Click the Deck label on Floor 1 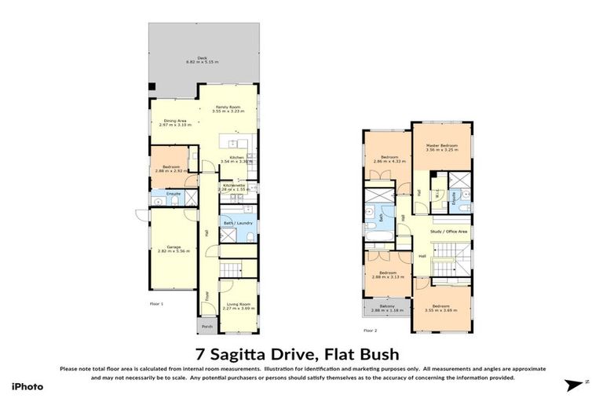(x=202, y=59)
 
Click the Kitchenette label (x=234, y=186)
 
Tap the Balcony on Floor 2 (x=386, y=308)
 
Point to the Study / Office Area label (x=449, y=232)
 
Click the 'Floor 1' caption (x=156, y=302)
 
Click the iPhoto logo (x=27, y=386)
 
